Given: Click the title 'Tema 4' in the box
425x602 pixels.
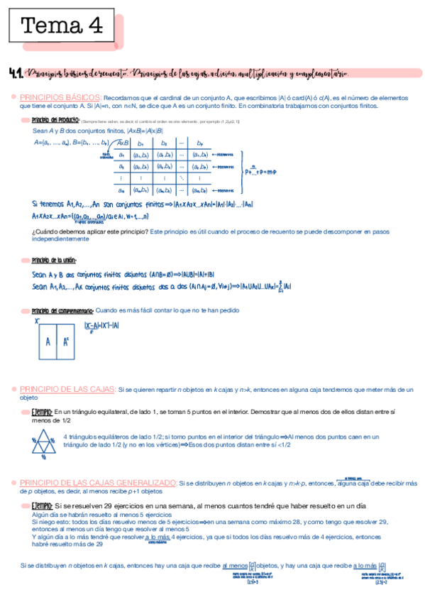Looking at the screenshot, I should coord(62,27).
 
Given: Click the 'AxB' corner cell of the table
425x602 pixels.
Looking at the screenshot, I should coord(122,143).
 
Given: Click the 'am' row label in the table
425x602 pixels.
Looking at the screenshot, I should coord(122,190).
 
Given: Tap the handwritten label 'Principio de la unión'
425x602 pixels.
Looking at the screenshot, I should coord(54,260).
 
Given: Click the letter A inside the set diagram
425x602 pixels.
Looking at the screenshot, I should coord(48,341).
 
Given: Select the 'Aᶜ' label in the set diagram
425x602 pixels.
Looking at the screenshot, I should coord(66,341).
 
